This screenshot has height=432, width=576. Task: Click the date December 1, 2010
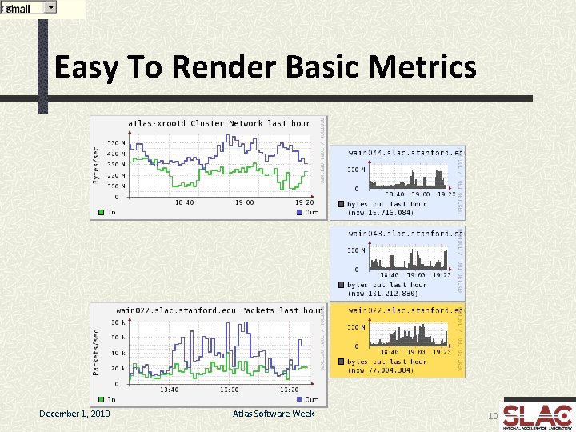(x=75, y=414)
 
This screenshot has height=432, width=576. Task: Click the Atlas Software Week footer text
(x=274, y=414)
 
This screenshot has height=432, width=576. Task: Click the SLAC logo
(x=538, y=414)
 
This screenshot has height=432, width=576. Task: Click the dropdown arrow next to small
(x=50, y=7)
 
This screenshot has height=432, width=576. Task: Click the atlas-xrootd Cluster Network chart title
(x=218, y=123)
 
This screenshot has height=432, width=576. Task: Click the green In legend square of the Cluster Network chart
(x=101, y=213)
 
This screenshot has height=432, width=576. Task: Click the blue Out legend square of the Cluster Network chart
(x=299, y=213)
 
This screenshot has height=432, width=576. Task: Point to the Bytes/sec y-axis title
(x=95, y=164)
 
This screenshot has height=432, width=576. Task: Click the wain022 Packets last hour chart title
(x=218, y=310)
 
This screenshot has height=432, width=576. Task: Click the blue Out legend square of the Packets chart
(x=299, y=398)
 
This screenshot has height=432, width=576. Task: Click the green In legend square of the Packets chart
(x=101, y=398)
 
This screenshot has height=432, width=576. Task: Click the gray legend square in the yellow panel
(x=341, y=361)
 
